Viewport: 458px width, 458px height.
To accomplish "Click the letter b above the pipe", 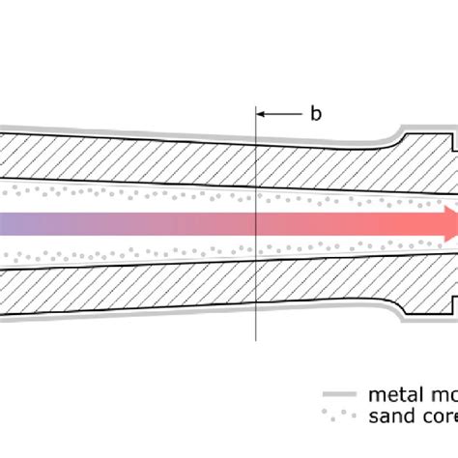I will click(x=315, y=114).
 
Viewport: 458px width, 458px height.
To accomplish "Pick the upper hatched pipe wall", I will click(x=145, y=156).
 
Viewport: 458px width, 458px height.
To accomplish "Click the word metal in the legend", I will click(x=391, y=394).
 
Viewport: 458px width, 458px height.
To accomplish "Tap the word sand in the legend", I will click(x=389, y=417).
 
